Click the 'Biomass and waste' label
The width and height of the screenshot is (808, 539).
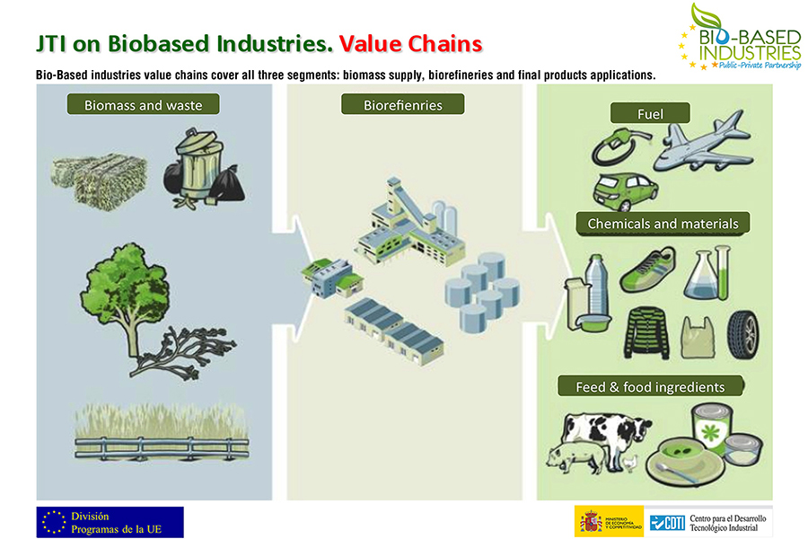click(144, 105)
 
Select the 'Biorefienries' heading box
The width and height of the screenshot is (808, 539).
click(403, 105)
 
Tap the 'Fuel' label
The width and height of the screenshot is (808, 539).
click(650, 113)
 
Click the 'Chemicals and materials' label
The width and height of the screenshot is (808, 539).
click(663, 223)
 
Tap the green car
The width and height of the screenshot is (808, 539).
click(626, 190)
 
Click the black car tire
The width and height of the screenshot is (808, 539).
click(741, 332)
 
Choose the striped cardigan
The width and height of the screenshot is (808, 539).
click(646, 333)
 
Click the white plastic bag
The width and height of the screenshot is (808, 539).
click(698, 338)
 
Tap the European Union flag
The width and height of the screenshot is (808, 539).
click(53, 522)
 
